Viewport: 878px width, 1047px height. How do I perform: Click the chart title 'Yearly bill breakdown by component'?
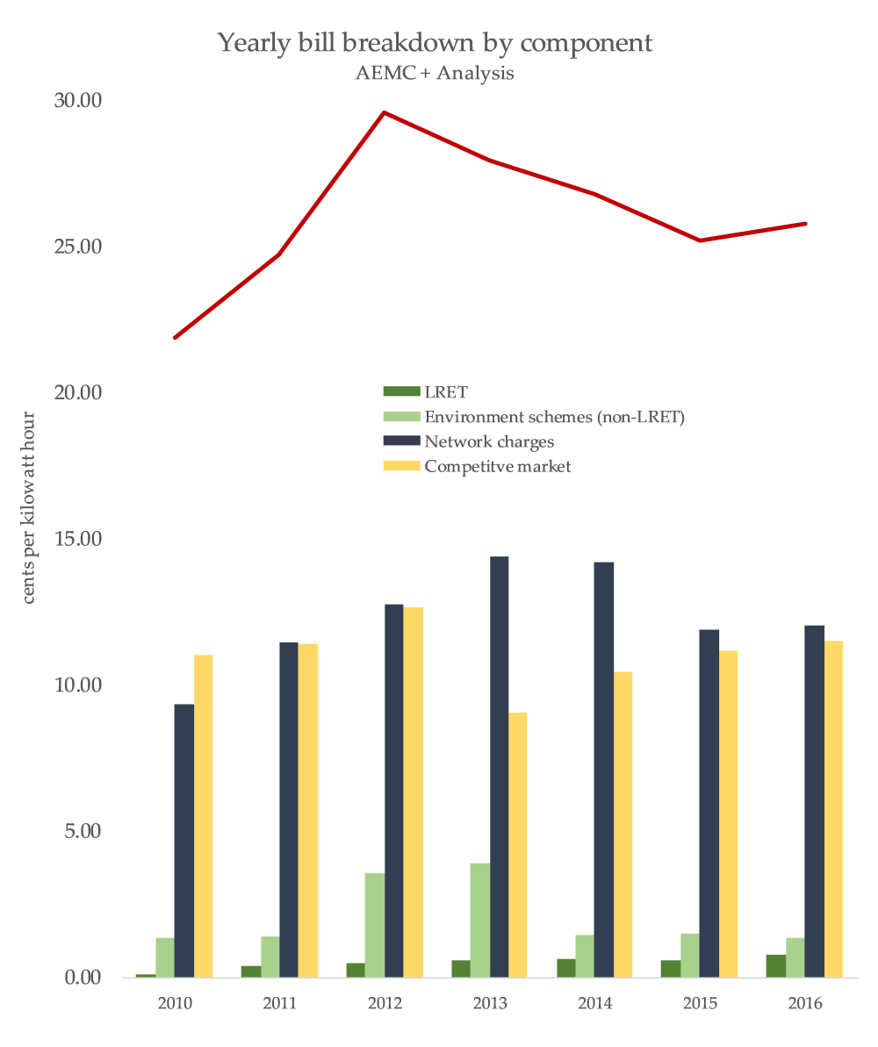pyautogui.click(x=435, y=42)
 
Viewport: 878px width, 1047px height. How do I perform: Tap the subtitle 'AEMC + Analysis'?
pyautogui.click(x=435, y=74)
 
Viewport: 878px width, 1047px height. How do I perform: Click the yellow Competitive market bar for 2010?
pyautogui.click(x=203, y=815)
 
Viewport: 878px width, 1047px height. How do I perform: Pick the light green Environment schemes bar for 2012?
pyautogui.click(x=374, y=924)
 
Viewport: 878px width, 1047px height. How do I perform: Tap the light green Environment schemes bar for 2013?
pyautogui.click(x=479, y=920)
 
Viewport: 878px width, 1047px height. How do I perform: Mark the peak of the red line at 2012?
pyautogui.click(x=384, y=112)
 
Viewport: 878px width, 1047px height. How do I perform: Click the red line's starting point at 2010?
pyautogui.click(x=175, y=337)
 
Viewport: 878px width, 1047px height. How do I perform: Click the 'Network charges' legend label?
pyautogui.click(x=488, y=441)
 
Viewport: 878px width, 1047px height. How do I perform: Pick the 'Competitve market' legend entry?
pyautogui.click(x=497, y=466)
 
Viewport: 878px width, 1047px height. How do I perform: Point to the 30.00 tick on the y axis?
pyautogui.click(x=78, y=100)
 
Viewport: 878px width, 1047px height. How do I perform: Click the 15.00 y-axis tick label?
pyautogui.click(x=78, y=538)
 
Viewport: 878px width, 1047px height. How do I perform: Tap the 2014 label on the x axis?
pyautogui.click(x=594, y=1003)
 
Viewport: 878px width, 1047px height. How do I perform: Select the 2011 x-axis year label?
pyautogui.click(x=279, y=1003)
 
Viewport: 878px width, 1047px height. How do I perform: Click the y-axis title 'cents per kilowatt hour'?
pyautogui.click(x=28, y=507)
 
